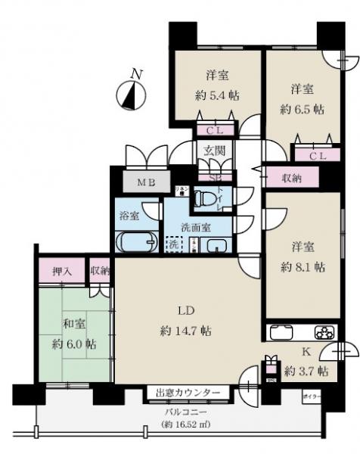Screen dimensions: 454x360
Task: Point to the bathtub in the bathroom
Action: (x=135, y=243)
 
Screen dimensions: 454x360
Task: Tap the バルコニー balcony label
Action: (x=185, y=412)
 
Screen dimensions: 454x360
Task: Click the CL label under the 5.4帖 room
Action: (x=215, y=130)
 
